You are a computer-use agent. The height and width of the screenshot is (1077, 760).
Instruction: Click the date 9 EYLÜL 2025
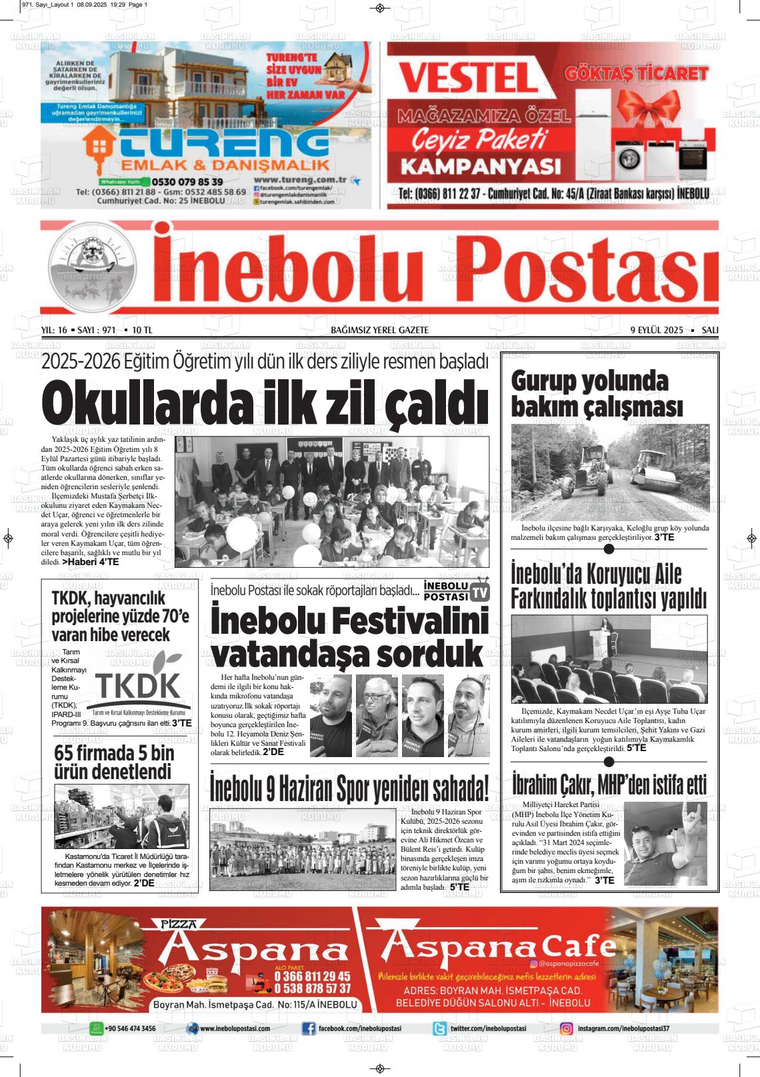657,330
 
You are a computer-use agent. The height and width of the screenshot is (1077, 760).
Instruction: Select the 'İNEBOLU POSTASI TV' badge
457,590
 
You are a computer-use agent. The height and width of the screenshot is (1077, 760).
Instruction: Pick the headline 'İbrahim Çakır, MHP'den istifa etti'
609,785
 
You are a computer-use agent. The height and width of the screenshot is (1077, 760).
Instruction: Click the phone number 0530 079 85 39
187,181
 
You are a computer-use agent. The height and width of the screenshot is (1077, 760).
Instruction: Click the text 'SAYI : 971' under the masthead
97,330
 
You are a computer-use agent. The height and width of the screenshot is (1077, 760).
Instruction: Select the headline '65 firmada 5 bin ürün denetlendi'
113,763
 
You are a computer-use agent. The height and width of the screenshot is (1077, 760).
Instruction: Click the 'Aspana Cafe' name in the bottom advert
500,944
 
